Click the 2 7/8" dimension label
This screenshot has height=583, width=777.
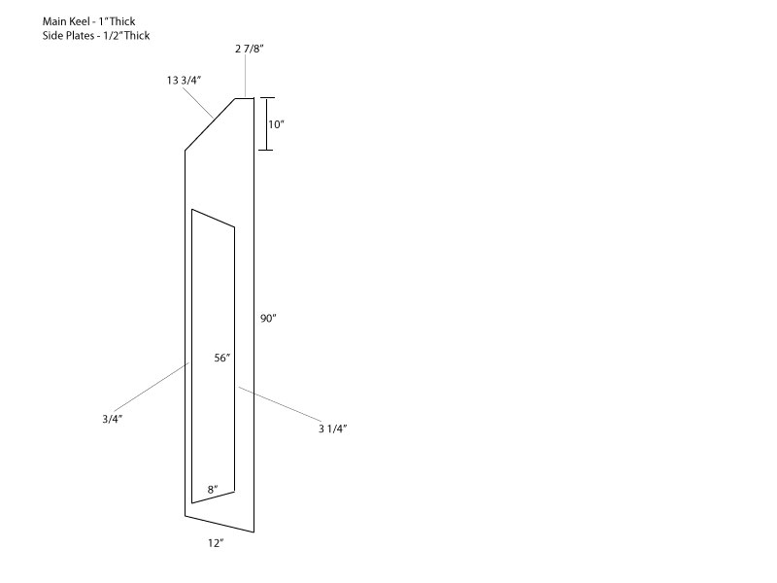pos(250,49)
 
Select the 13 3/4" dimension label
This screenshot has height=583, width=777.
pos(184,81)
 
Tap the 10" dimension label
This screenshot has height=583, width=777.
pos(276,124)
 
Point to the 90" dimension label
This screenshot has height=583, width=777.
pos(268,319)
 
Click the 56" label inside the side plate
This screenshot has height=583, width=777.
pos(222,358)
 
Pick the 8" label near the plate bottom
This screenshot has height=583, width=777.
pos(213,490)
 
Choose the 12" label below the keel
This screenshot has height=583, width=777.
pos(216,543)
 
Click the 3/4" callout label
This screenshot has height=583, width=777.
pos(113,419)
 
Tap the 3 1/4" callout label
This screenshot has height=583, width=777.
pos(332,429)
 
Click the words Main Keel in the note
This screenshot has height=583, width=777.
pos(66,21)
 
